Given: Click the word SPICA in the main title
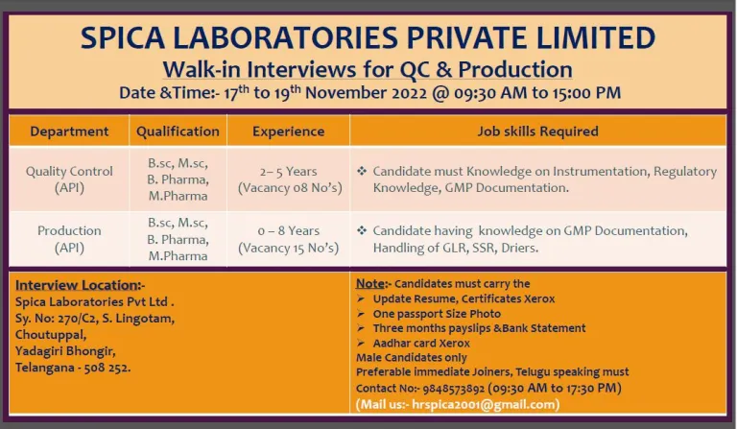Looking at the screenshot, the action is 122,37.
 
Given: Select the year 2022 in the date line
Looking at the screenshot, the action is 409,92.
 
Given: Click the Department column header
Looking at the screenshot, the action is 69,131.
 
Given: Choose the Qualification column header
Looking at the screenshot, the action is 178,131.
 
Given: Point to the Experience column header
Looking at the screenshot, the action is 288,131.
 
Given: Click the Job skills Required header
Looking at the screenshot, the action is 537,131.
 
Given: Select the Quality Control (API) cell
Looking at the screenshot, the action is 69,179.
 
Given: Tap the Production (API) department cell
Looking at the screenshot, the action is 69,239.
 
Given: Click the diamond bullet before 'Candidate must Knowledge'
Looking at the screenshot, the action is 362,171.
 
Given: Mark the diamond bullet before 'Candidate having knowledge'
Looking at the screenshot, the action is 362,230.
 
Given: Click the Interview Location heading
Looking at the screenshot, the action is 78,285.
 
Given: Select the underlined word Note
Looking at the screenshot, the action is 370,283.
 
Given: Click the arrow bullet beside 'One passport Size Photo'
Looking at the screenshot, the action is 361,314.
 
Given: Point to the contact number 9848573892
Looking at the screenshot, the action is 453,389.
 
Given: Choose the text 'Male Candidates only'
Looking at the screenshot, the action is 412,358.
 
